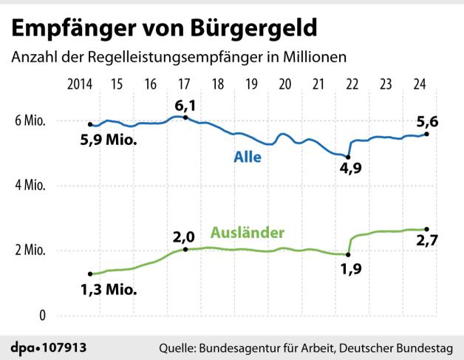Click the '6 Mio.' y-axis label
pos(29,122)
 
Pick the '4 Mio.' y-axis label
pos(29,186)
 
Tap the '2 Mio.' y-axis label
pos(29,251)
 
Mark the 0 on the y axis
pos(42,316)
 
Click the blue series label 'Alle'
pos(248,157)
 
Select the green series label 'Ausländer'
pos(248,233)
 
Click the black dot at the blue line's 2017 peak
pos(185,118)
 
